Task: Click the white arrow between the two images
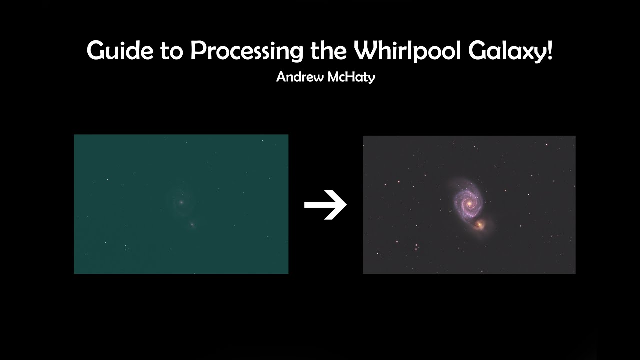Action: (325, 205)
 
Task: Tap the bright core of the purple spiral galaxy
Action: (469, 204)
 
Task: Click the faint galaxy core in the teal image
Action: (181, 202)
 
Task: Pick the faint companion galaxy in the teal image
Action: (192, 225)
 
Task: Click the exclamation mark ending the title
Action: (550, 51)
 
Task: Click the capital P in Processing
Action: (198, 51)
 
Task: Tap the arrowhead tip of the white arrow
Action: (345, 205)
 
